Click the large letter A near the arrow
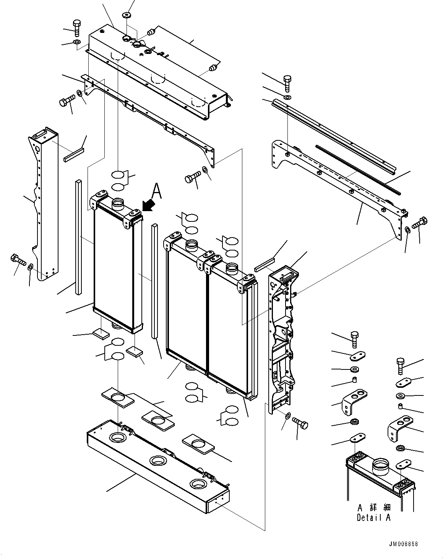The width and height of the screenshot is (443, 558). tap(157, 191)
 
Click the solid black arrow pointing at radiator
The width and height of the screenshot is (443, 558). tap(149, 205)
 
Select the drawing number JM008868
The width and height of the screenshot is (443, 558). tap(404, 544)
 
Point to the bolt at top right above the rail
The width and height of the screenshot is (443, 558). tap(288, 84)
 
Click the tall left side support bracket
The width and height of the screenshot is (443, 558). tap(43, 203)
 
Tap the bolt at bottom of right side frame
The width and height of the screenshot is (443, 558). tap(301, 424)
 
